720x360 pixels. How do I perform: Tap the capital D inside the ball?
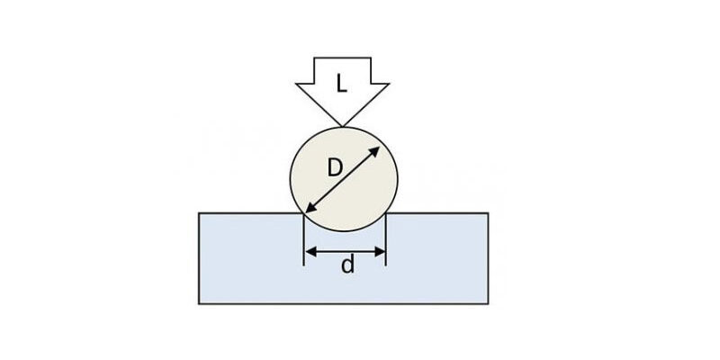335,168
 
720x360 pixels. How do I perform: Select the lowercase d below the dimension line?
348,265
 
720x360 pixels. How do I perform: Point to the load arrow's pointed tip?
342,126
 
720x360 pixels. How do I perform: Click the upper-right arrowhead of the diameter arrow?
374,152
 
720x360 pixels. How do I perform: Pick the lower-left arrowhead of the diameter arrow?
310,208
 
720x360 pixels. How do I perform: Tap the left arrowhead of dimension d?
310,252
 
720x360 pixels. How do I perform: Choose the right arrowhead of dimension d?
379,252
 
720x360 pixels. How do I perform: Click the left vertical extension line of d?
304,239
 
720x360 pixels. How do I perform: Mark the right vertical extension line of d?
386,239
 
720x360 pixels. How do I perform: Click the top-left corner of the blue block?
199,213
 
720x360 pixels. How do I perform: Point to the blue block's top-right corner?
488,213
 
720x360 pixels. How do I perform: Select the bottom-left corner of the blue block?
199,303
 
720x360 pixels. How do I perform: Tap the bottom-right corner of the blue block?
488,303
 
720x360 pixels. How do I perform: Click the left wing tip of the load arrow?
296,84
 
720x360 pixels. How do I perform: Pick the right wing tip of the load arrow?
389,84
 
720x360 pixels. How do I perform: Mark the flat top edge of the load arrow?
342,58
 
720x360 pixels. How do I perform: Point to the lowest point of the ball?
344,230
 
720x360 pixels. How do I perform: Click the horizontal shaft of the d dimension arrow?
345,252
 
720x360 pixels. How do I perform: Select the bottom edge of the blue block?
344,303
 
